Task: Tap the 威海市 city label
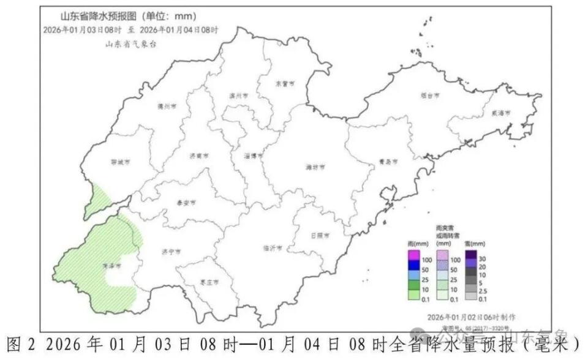coord(500,113)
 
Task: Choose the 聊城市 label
coord(121,162)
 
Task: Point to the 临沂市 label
coord(273,249)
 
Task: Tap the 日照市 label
coord(319,235)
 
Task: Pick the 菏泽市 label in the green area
coord(111,266)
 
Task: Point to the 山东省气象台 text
coord(130,43)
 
